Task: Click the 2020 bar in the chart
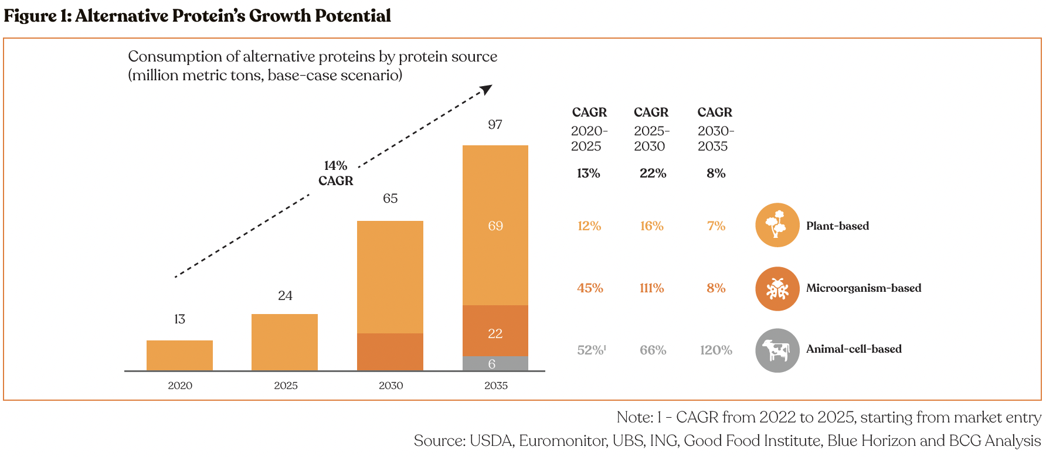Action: [179, 355]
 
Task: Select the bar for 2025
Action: [284, 342]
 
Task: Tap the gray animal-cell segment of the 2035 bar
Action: [495, 363]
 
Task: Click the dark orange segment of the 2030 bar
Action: [390, 352]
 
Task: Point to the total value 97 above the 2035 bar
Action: [495, 124]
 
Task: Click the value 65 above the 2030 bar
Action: [390, 198]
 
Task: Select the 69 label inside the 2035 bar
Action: [495, 226]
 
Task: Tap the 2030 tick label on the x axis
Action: [391, 386]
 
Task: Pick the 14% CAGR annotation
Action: [336, 173]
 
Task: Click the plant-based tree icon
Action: [777, 225]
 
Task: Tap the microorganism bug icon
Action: [777, 289]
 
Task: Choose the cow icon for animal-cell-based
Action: [777, 350]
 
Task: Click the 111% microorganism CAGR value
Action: [652, 288]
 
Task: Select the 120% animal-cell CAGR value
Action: [716, 350]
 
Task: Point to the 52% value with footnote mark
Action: [592, 350]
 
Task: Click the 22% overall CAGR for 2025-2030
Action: [653, 173]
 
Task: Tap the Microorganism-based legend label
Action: [864, 288]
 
